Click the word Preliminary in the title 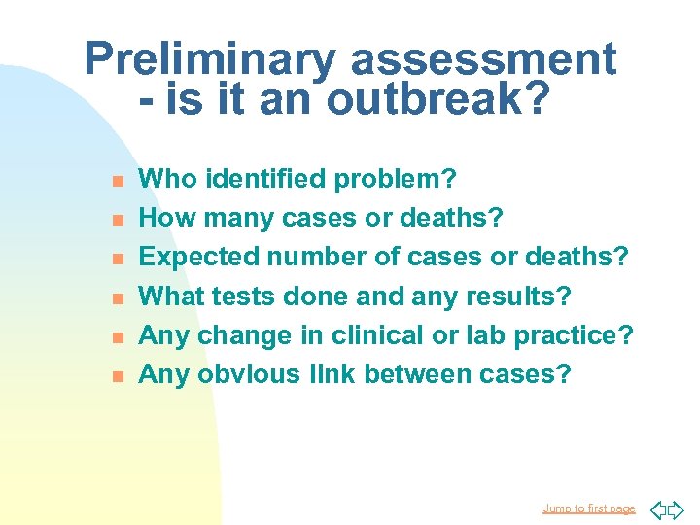pyautogui.click(x=211, y=60)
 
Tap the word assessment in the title pyautogui.click(x=483, y=60)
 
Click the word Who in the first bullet pyautogui.click(x=165, y=179)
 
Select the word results pyautogui.click(x=524, y=296)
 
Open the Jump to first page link pyautogui.click(x=588, y=508)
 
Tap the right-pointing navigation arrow pyautogui.click(x=677, y=509)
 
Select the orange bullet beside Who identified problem pyautogui.click(x=116, y=181)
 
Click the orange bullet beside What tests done pyautogui.click(x=116, y=297)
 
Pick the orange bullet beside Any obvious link pyautogui.click(x=116, y=375)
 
